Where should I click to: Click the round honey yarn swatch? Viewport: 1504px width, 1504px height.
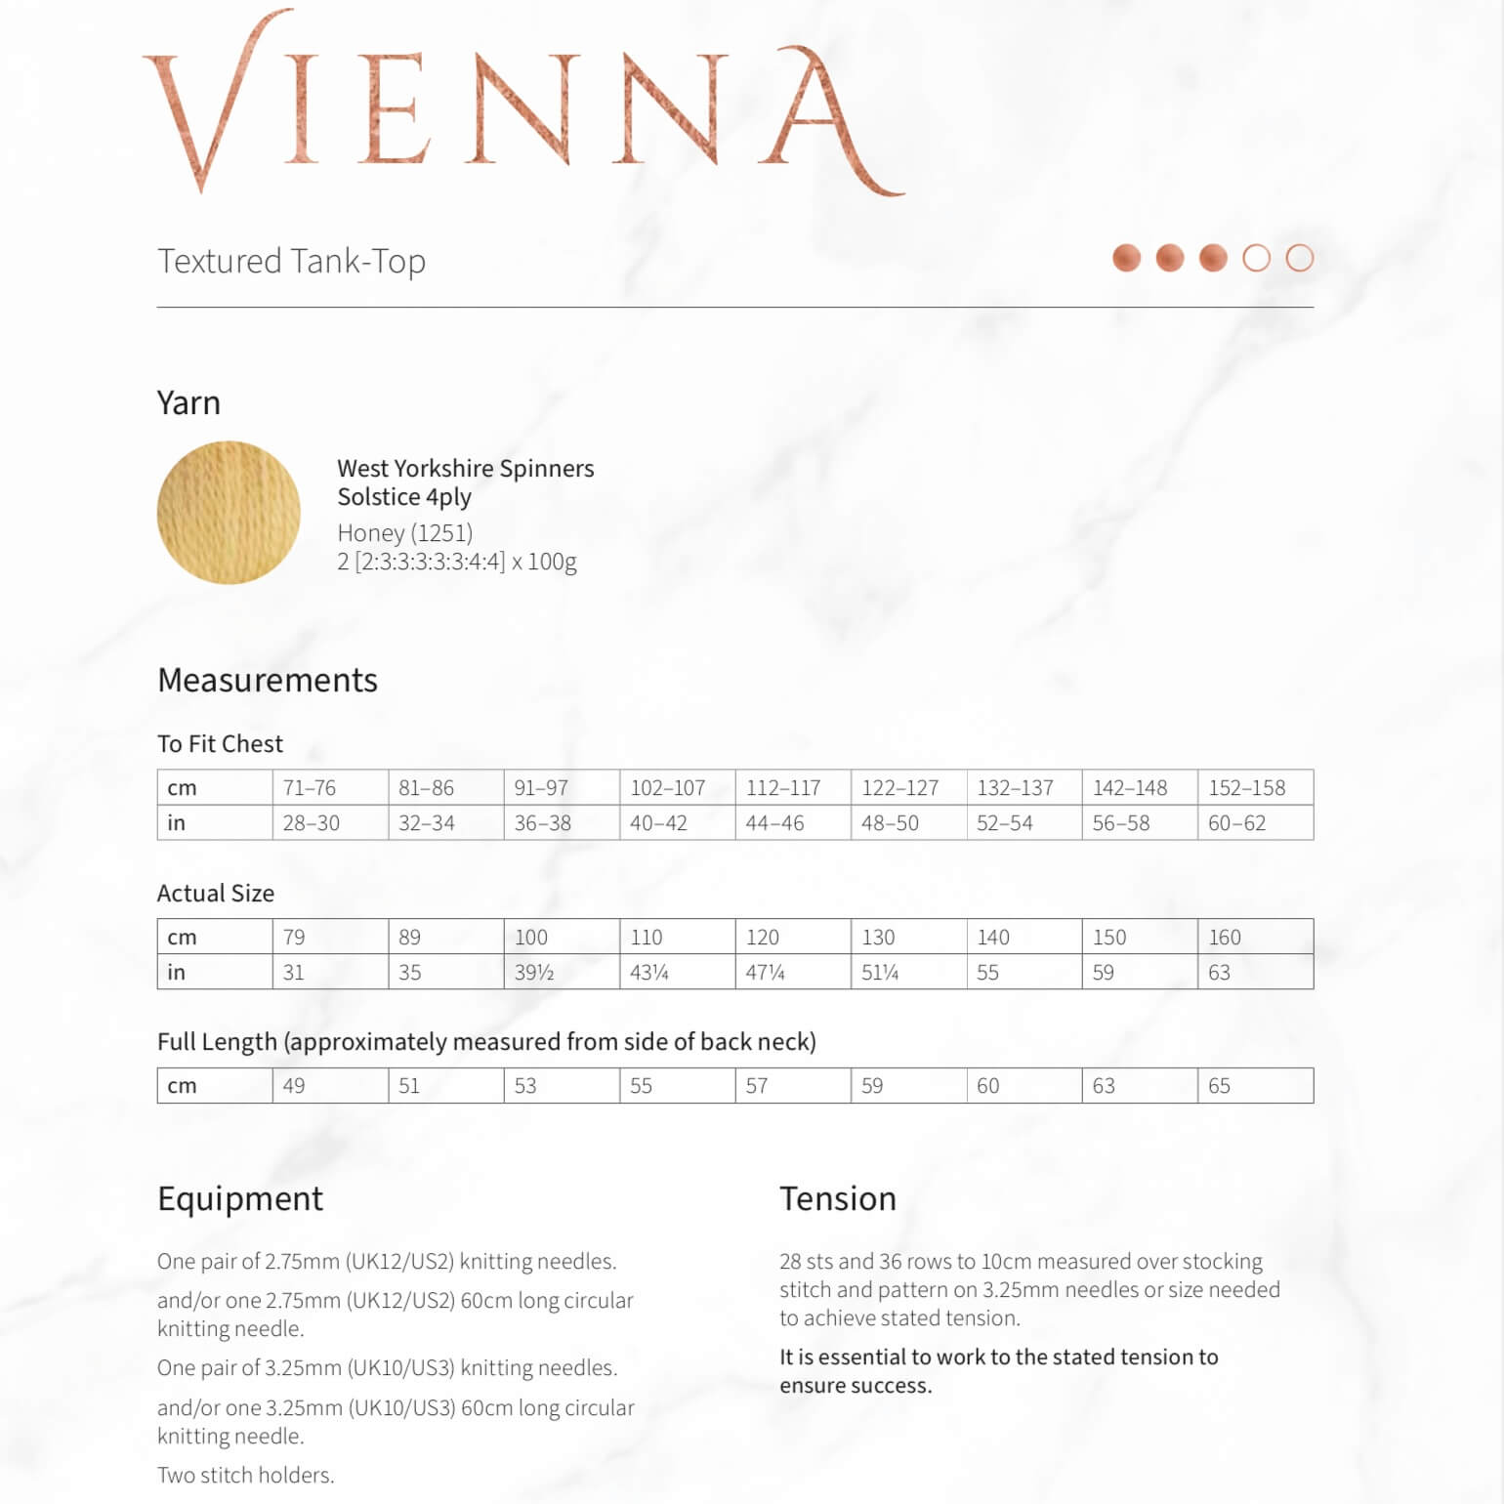coord(229,513)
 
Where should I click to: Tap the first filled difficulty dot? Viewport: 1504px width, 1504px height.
coord(1126,258)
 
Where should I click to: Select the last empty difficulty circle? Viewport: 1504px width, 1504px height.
coord(1299,258)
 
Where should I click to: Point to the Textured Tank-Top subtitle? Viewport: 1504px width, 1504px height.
coord(291,262)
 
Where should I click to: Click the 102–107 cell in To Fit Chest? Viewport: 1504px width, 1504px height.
coord(668,787)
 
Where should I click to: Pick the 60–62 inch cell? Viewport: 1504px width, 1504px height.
coord(1236,823)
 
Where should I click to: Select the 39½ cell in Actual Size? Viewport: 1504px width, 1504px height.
coord(534,973)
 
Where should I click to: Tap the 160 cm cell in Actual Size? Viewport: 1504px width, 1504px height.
coord(1225,938)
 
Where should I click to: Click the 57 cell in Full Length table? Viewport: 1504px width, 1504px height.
coord(757,1086)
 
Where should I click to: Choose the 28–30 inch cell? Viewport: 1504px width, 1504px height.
coord(312,823)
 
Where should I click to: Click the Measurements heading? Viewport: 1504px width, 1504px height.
coord(268,680)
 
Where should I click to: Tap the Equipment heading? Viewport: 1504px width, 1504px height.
coord(240,1198)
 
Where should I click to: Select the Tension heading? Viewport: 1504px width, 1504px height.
coord(837,1198)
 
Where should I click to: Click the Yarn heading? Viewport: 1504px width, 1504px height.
coord(188,402)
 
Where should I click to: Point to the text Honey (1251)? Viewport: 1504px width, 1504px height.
coord(404,533)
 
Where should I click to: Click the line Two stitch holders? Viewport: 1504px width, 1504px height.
coord(245,1475)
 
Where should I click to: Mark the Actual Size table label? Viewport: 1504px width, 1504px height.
coord(216,893)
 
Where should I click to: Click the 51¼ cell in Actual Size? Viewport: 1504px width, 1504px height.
coord(880,973)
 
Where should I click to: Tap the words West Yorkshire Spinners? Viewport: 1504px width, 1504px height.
coord(465,469)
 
